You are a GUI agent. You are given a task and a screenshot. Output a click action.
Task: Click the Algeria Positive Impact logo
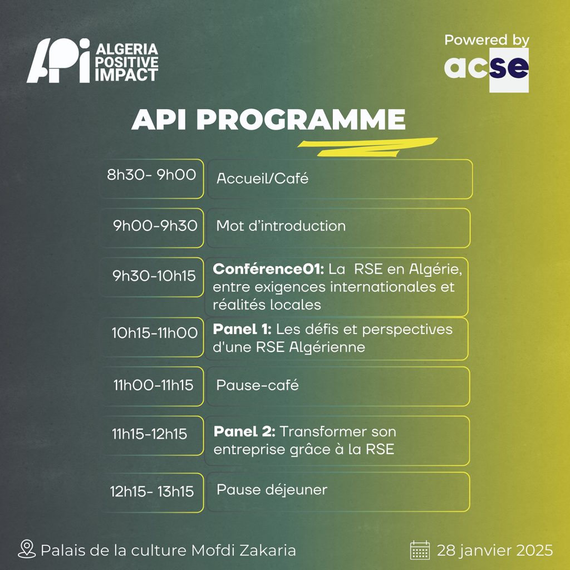click(x=92, y=61)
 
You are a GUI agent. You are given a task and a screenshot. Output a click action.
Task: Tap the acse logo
click(x=487, y=70)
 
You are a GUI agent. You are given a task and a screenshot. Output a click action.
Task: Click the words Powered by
click(x=487, y=40)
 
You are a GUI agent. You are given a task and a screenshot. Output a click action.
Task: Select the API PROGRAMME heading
click(x=268, y=119)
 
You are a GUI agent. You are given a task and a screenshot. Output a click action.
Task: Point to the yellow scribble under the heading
click(x=367, y=147)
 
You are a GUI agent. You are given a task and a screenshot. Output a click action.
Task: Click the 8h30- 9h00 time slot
click(x=151, y=175)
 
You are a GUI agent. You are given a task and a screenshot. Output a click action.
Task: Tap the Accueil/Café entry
click(x=262, y=178)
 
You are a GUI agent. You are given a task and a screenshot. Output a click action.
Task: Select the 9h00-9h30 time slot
click(x=155, y=226)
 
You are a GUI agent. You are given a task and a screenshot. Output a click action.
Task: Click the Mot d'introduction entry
click(x=281, y=226)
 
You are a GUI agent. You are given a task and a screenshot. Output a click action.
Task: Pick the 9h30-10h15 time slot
click(x=154, y=276)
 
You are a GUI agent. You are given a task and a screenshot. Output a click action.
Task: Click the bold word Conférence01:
click(x=268, y=269)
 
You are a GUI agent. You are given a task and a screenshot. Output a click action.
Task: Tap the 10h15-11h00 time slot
click(x=155, y=333)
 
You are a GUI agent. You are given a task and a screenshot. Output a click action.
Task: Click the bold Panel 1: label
click(x=242, y=329)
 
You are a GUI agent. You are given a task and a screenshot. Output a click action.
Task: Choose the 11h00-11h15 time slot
click(x=153, y=385)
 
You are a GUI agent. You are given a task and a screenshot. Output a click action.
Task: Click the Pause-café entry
click(x=257, y=385)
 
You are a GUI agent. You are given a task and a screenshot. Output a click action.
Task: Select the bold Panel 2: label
click(x=244, y=431)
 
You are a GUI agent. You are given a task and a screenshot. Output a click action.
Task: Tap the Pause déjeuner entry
click(x=272, y=490)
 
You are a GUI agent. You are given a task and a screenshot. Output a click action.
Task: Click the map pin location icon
click(x=27, y=549)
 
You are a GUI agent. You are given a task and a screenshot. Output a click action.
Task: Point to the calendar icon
click(x=420, y=550)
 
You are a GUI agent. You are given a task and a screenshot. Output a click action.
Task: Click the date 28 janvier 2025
click(x=495, y=551)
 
